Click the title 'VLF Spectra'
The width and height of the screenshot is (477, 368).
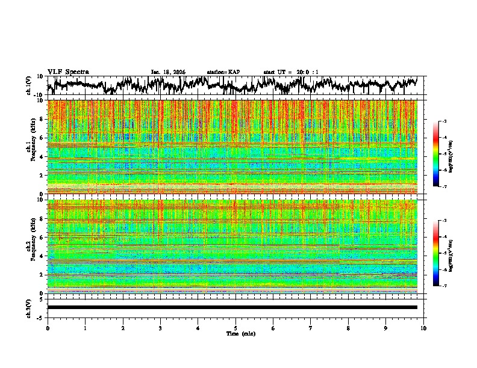click(x=68, y=72)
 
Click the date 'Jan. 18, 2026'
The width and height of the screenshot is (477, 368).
click(x=168, y=72)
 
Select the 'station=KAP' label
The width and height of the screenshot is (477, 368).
click(x=223, y=72)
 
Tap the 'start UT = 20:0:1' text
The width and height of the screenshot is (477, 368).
click(x=291, y=72)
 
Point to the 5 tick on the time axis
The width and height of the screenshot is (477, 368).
click(x=235, y=328)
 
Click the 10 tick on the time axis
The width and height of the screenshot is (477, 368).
click(x=423, y=328)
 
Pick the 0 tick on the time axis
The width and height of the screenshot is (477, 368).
click(x=48, y=328)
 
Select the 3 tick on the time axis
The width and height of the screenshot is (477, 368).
click(x=160, y=328)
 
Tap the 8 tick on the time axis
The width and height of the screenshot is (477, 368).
click(x=348, y=328)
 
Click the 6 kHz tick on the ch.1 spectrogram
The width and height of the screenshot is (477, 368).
click(x=41, y=138)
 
